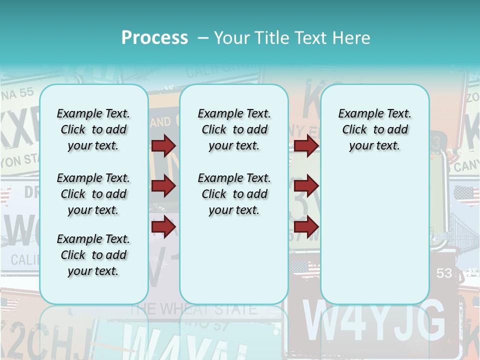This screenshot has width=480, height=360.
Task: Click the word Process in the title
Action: tap(154, 37)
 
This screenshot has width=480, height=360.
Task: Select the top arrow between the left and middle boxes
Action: tap(163, 145)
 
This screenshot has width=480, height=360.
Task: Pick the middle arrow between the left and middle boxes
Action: tap(163, 186)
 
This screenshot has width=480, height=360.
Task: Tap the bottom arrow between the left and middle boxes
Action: tap(163, 226)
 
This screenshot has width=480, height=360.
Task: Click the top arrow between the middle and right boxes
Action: tap(306, 145)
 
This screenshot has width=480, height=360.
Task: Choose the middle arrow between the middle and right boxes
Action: tap(306, 186)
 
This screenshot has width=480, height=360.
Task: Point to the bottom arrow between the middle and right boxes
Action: tap(306, 226)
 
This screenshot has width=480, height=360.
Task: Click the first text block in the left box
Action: tap(93, 129)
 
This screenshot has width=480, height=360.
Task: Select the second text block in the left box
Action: tap(93, 194)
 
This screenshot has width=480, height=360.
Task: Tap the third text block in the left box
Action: tap(93, 255)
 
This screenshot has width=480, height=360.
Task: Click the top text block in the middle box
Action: tap(234, 129)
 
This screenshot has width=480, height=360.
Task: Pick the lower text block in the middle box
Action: tap(234, 194)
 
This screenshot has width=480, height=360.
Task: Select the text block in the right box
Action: tap(374, 129)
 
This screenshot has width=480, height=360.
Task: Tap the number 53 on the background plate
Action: tap(444, 273)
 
